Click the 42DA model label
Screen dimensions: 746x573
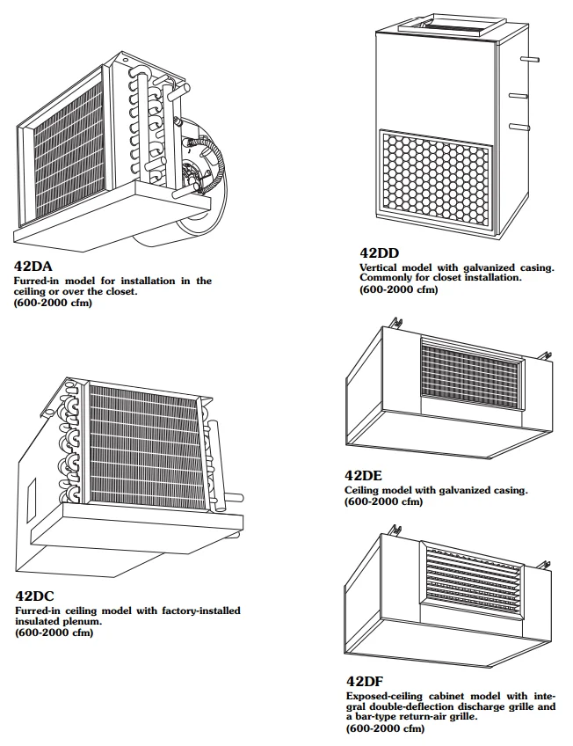point(34,266)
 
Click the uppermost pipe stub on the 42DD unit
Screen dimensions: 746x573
point(526,60)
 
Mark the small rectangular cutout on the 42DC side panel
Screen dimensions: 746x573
point(29,494)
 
